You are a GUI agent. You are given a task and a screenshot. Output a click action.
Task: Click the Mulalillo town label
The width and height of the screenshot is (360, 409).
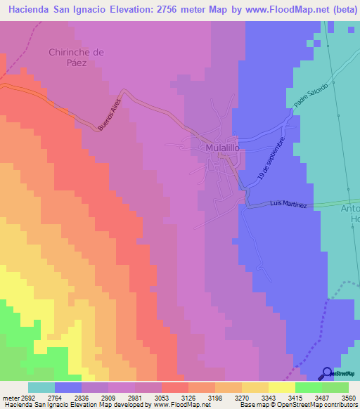point(224,149)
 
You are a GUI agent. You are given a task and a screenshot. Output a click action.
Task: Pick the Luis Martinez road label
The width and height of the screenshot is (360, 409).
point(288,204)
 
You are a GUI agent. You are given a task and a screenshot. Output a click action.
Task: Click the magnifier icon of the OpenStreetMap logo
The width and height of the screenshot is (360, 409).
point(326,373)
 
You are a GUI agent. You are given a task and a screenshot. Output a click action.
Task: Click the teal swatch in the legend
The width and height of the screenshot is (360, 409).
point(41,387)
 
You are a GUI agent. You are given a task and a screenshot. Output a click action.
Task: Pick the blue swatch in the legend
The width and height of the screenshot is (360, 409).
point(68,387)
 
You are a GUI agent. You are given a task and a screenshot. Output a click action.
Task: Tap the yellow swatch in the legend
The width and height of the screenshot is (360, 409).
point(281,387)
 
